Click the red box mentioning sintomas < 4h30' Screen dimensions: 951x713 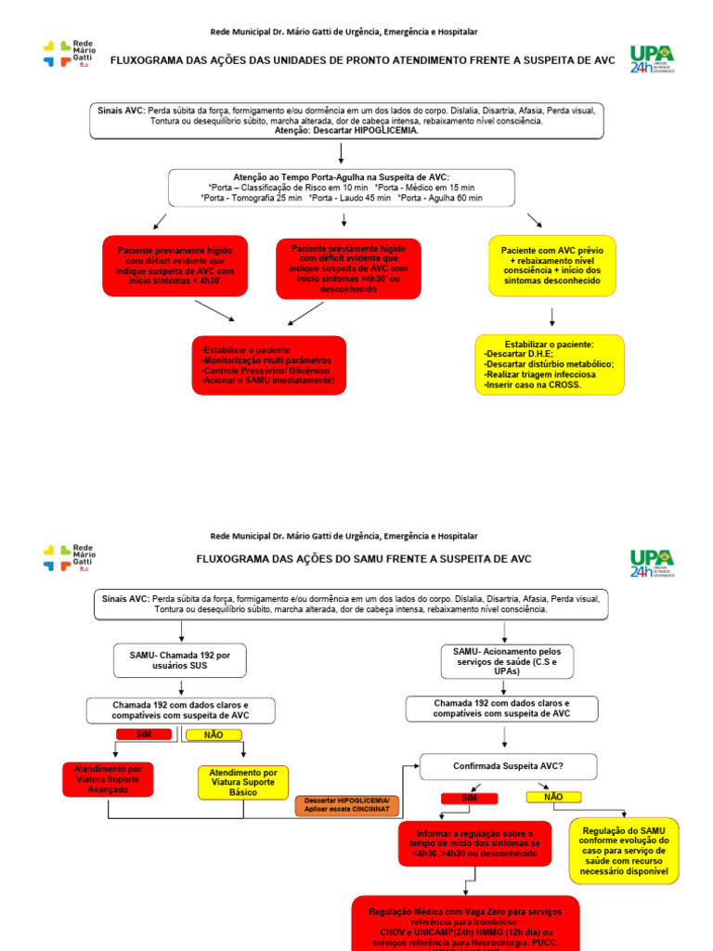coord(175,266)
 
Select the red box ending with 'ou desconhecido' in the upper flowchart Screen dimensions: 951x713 coord(348,268)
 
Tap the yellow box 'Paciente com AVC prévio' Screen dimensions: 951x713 coord(551,266)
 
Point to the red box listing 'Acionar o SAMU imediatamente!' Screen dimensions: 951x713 coord(269,365)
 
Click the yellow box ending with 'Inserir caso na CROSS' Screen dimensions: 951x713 coord(550,364)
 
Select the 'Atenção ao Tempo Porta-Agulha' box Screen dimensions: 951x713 coord(342,187)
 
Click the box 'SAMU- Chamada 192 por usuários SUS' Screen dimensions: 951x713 coord(180,660)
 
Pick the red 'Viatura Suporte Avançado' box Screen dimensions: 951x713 coord(108,779)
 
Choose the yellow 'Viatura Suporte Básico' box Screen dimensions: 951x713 coord(243,783)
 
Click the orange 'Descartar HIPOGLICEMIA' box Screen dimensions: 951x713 coord(348,805)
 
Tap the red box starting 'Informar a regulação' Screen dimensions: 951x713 coord(474,843)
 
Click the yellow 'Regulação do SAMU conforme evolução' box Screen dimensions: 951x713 coord(624,851)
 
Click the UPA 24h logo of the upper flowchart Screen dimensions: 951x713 coord(652,59)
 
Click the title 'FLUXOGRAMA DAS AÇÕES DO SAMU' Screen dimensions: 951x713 coord(364,559)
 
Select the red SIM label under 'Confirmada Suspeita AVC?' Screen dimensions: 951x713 coord(469,798)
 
